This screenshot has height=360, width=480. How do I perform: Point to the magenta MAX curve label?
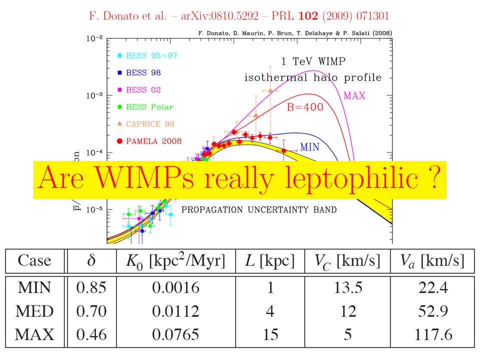[354, 95]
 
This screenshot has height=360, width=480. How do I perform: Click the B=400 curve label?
[304, 106]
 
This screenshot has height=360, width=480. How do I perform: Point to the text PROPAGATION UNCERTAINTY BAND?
[259, 209]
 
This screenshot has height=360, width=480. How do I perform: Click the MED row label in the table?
[34, 311]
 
